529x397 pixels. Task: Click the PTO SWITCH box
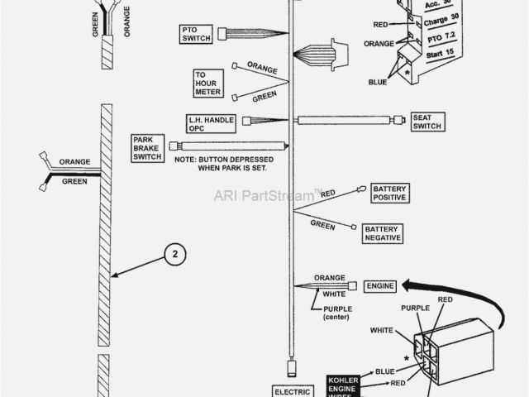point(197,34)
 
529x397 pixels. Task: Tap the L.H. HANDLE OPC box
point(211,124)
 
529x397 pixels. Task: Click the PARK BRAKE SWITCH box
point(147,148)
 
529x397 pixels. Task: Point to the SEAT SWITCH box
point(427,121)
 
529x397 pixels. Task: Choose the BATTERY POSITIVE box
point(389,194)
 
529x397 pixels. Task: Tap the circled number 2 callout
point(172,256)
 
